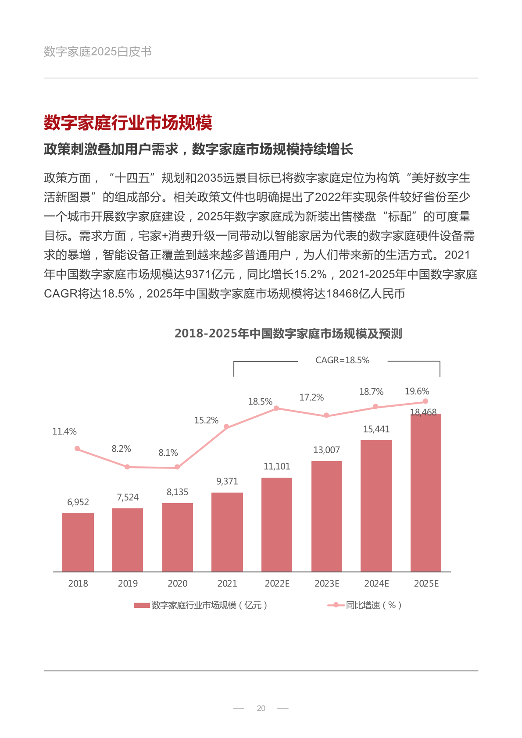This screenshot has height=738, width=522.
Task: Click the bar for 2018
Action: [x=78, y=542]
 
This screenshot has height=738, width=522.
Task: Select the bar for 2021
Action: [x=227, y=532]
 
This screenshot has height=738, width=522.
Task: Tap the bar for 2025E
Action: [x=426, y=493]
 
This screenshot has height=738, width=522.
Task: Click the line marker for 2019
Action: [x=127, y=467]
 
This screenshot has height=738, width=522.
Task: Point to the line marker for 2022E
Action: [x=276, y=408]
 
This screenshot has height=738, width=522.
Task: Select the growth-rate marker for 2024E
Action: [x=375, y=407]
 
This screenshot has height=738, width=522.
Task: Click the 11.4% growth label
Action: [x=64, y=432]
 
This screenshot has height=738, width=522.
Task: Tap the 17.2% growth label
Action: [x=311, y=397]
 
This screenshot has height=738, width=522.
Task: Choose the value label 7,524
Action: [x=128, y=497]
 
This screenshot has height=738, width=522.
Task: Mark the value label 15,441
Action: [x=376, y=429]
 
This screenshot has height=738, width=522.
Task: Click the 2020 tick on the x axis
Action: [x=177, y=584]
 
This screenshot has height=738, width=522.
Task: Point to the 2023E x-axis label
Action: [x=327, y=584]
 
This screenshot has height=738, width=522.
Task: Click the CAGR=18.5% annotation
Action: [x=342, y=360]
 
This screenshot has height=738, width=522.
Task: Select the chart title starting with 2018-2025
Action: [x=288, y=334]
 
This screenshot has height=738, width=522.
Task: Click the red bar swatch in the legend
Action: [x=142, y=605]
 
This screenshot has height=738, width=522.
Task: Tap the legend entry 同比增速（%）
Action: [x=373, y=605]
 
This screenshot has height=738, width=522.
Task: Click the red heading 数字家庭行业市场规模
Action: [x=128, y=123]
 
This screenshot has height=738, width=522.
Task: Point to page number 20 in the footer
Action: [x=261, y=708]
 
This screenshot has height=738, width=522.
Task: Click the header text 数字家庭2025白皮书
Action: [x=98, y=52]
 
